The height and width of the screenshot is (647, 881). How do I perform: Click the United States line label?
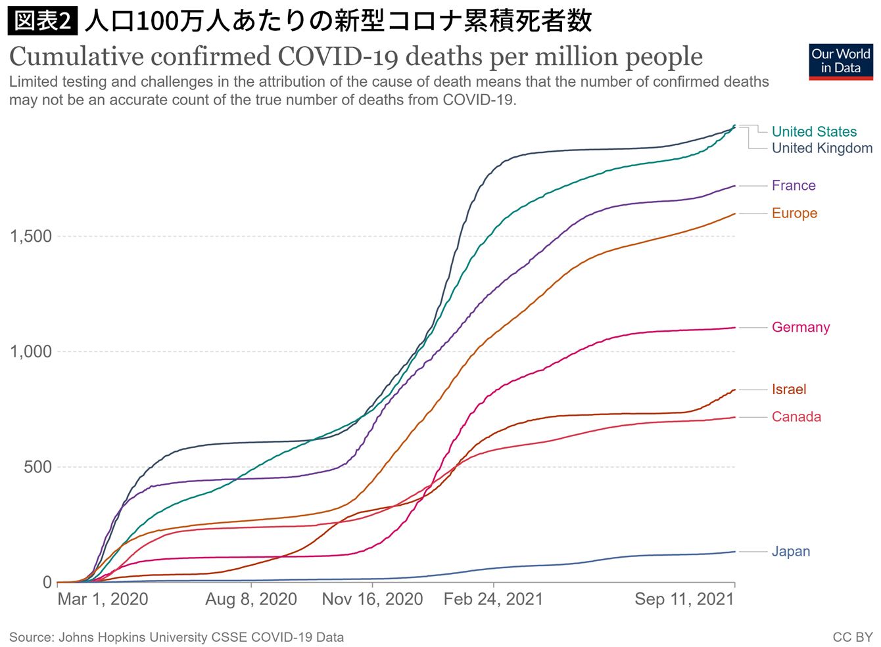tap(814, 131)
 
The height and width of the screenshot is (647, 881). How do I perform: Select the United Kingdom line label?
tap(822, 148)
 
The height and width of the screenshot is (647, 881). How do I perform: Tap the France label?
tap(794, 185)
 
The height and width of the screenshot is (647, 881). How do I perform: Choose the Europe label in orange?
tap(794, 213)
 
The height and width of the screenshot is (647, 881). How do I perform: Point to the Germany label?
tap(801, 327)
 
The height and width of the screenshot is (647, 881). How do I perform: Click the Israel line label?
tap(789, 390)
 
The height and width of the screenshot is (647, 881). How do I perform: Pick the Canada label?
tap(796, 417)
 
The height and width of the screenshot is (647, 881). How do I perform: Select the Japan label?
tap(791, 552)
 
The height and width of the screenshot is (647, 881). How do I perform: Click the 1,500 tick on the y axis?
tap(31, 236)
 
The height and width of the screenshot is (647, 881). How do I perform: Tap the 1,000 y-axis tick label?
tap(31, 351)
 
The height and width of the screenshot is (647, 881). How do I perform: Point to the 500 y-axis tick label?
tap(37, 467)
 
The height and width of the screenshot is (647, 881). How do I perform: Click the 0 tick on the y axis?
tap(47, 582)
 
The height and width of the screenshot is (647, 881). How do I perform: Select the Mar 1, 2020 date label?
tap(103, 599)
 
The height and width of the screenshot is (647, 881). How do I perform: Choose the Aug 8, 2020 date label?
tap(251, 599)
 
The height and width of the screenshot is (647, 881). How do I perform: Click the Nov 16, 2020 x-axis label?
tap(372, 599)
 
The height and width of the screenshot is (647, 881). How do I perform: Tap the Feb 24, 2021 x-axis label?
tap(493, 599)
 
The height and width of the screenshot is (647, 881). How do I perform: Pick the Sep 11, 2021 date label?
tap(684, 599)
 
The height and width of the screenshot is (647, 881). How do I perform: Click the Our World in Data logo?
tap(841, 62)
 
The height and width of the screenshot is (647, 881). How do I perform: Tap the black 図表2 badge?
tap(43, 20)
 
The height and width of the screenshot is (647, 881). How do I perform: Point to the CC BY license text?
tap(852, 637)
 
